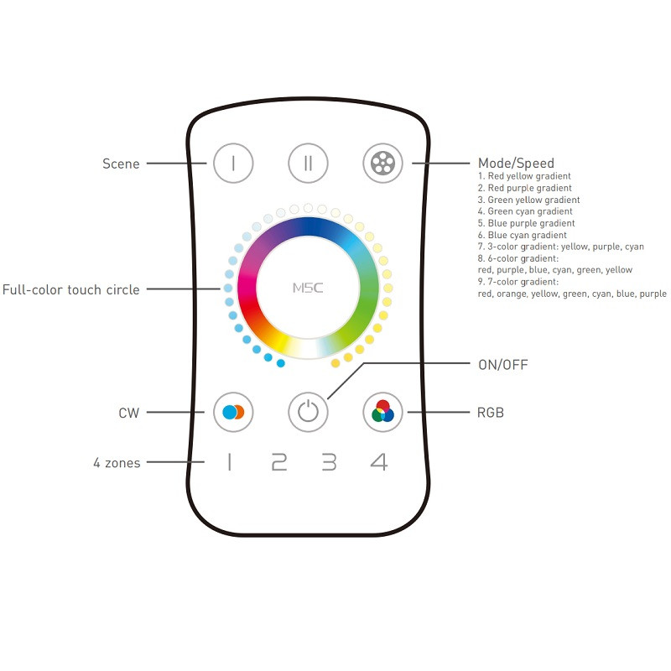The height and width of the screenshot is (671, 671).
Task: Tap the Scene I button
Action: pyautogui.click(x=232, y=163)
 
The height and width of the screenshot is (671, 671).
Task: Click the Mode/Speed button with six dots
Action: pyautogui.click(x=383, y=163)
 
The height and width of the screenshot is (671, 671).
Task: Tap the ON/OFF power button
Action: pyautogui.click(x=309, y=412)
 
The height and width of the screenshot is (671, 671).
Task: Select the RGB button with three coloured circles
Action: pyautogui.click(x=383, y=412)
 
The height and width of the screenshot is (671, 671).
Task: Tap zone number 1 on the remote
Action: pyautogui.click(x=229, y=462)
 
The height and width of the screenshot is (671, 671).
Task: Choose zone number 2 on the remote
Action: pyautogui.click(x=279, y=462)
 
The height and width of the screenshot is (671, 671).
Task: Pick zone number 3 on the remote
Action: pyautogui.click(x=330, y=462)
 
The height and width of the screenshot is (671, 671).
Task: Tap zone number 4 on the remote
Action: pyautogui.click(x=379, y=462)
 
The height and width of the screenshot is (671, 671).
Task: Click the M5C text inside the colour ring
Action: pyautogui.click(x=308, y=288)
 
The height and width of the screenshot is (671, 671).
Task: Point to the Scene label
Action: pyautogui.click(x=121, y=164)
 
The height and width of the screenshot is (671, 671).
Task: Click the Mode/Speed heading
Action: pyautogui.click(x=516, y=164)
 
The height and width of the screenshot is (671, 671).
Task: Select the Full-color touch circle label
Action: pyautogui.click(x=71, y=289)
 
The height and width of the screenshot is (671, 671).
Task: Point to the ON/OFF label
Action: pyautogui.click(x=503, y=365)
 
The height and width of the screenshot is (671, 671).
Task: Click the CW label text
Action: pyautogui.click(x=129, y=413)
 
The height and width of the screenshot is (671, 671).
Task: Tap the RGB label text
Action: pyautogui.click(x=491, y=413)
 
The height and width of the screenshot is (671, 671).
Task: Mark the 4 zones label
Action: pyautogui.click(x=117, y=462)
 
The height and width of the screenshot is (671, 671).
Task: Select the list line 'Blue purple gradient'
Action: pyautogui.click(x=526, y=224)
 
